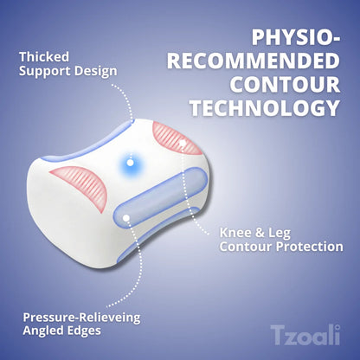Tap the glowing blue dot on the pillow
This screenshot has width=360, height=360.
[130, 162]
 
